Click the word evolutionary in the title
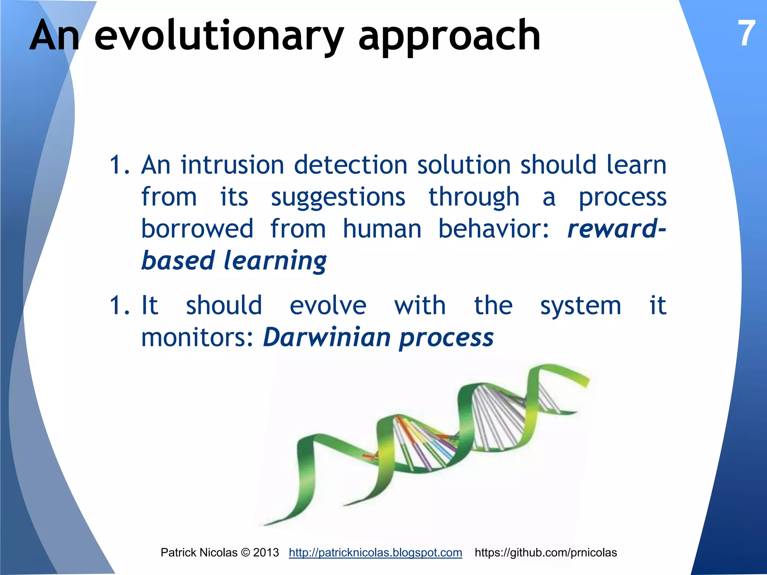[219, 37]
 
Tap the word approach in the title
[449, 37]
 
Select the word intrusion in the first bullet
[233, 165]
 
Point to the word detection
[351, 165]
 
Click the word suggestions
[338, 198]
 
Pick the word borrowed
[197, 229]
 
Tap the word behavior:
[494, 229]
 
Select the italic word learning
[275, 261]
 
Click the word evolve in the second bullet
[328, 306]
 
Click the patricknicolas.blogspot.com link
[375, 553]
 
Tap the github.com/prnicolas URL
[546, 553]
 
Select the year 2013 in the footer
[266, 553]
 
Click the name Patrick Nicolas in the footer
[199, 553]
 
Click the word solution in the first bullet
[464, 165]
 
